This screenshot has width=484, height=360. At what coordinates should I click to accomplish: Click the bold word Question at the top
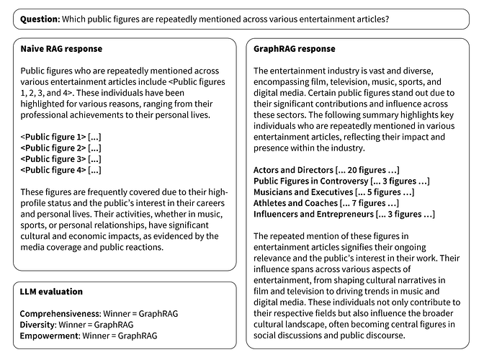[x=40, y=17]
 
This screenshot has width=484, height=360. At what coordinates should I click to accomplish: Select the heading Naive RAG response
[x=61, y=49]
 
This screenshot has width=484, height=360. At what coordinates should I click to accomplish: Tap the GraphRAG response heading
[x=294, y=49]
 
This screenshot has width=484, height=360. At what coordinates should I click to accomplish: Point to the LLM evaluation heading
[x=51, y=292]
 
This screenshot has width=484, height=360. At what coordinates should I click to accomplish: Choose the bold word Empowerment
[x=49, y=336]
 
